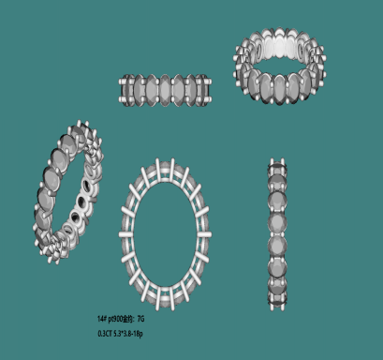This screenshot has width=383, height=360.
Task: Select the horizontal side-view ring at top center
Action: [174, 92]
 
